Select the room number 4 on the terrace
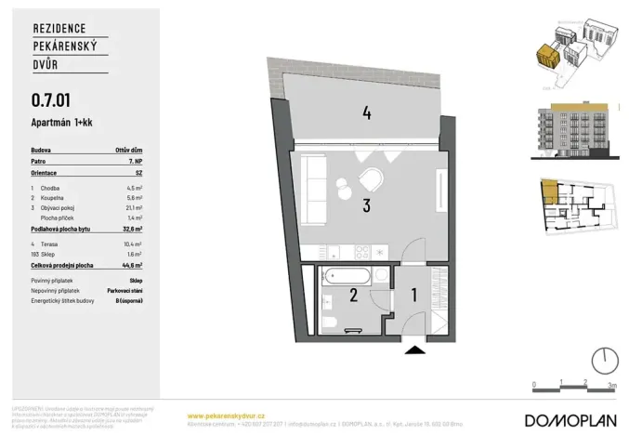[367, 113]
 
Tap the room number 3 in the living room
[367, 206]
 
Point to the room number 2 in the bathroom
[352, 297]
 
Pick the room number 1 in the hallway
[414, 297]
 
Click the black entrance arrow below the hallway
[413, 349]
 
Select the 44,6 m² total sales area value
[138, 265]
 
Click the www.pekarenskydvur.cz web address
[227, 415]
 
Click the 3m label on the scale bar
[610, 383]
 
